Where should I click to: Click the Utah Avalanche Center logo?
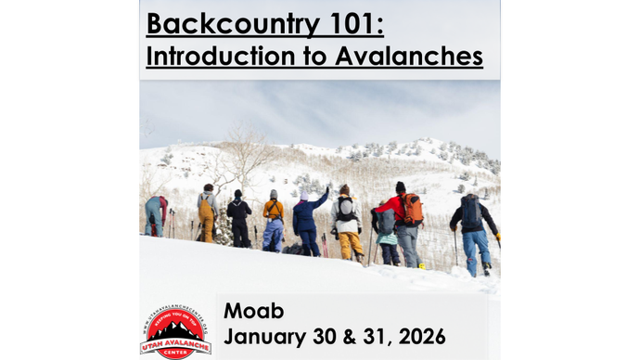pyautogui.click(x=175, y=329)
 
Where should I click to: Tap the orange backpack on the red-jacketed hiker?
pyautogui.click(x=412, y=209)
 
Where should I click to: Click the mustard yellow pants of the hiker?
pyautogui.click(x=350, y=245)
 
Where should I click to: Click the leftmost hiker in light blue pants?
pyautogui.click(x=154, y=216)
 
